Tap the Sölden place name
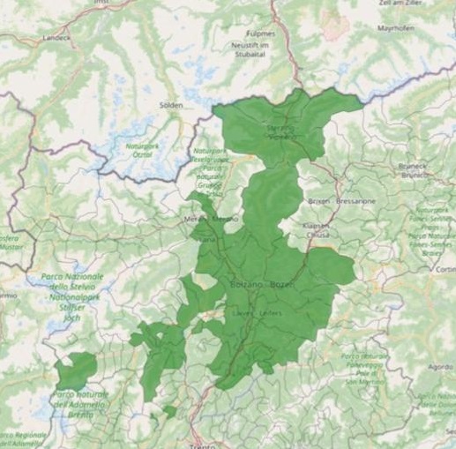pyautogui.click(x=170, y=105)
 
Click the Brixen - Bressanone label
pyautogui.click(x=342, y=201)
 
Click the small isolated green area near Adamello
pyautogui.click(x=76, y=369)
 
